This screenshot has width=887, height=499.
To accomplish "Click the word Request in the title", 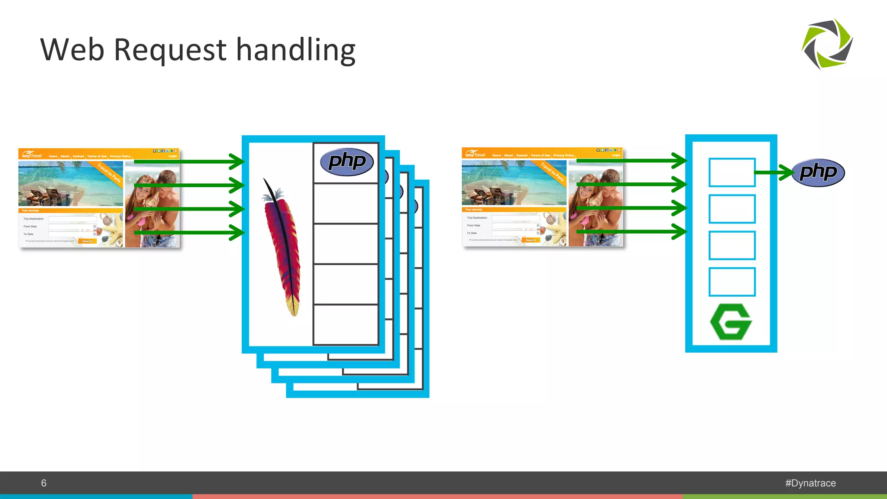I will pyautogui.click(x=170, y=50).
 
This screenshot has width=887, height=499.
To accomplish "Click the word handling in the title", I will pyautogui.click(x=296, y=50).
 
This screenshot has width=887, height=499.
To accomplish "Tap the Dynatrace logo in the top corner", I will pyautogui.click(x=827, y=44).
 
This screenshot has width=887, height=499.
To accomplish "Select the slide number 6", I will pyautogui.click(x=44, y=483).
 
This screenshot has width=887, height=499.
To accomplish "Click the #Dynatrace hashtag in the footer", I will pyautogui.click(x=810, y=483).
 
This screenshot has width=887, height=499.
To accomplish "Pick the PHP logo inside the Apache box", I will pyautogui.click(x=346, y=162).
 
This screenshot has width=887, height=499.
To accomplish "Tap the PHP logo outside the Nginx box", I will pyautogui.click(x=818, y=172).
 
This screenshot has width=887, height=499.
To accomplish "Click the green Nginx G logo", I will pyautogui.click(x=731, y=322).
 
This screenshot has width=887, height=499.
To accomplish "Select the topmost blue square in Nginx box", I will pyautogui.click(x=732, y=172).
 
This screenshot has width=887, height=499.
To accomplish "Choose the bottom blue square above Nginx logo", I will pyautogui.click(x=732, y=282).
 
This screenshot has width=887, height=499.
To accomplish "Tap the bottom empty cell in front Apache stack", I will pyautogui.click(x=346, y=325).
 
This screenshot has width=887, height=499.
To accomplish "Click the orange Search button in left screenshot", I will pyautogui.click(x=87, y=241).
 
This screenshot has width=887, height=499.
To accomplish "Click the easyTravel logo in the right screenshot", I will pyautogui.click(x=475, y=154).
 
